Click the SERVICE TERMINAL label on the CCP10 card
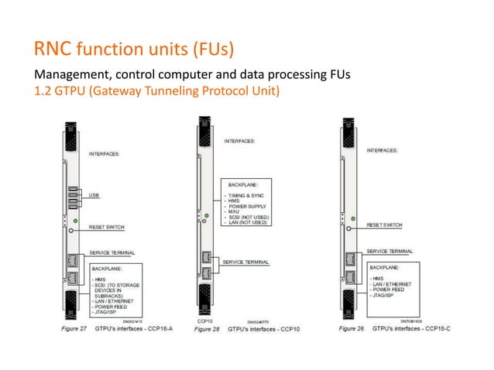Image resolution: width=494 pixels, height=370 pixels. pyautogui.click(x=245, y=262)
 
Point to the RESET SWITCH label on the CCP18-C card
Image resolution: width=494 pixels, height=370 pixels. pyautogui.click(x=383, y=224)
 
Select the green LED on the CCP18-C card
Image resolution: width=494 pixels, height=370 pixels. pyautogui.click(x=354, y=220)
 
